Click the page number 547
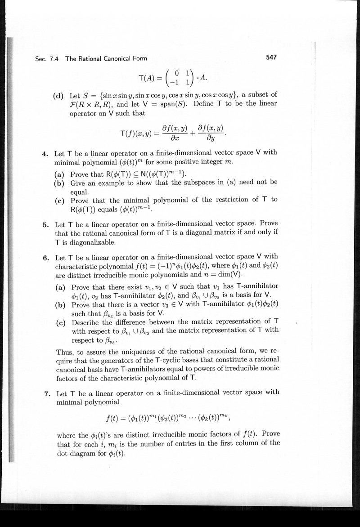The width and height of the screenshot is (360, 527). [x=270, y=57]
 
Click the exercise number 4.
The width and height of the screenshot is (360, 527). [x=45, y=153]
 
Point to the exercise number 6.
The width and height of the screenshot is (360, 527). [x=45, y=258]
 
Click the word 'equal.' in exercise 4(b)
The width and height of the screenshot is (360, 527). [x=80, y=190]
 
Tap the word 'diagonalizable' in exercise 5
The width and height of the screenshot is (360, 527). [x=91, y=242]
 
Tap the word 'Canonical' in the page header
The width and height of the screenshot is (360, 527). [x=109, y=58]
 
